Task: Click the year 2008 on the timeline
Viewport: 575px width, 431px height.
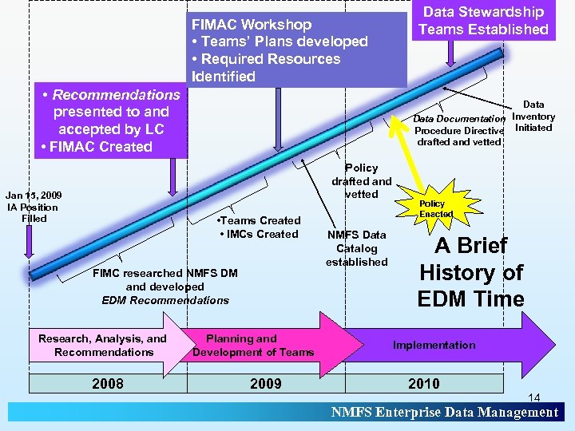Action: (x=108, y=384)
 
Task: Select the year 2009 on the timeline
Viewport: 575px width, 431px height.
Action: (x=266, y=384)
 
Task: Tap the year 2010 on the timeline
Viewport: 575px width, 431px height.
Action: (x=423, y=384)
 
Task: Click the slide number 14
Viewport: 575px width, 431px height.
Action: (x=534, y=397)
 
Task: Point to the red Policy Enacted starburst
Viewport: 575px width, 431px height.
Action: (x=436, y=208)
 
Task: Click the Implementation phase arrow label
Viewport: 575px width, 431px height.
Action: (x=434, y=346)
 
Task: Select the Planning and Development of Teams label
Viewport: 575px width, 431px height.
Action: (x=252, y=346)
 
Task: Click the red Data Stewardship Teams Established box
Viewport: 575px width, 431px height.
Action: (x=483, y=21)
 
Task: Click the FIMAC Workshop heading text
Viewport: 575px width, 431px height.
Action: (x=252, y=25)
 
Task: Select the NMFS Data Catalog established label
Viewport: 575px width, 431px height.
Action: (x=356, y=248)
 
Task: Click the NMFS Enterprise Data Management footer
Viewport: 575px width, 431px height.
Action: (x=445, y=412)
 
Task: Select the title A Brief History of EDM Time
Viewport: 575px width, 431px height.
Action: (x=471, y=272)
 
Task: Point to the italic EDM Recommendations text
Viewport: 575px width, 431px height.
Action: (x=165, y=300)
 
